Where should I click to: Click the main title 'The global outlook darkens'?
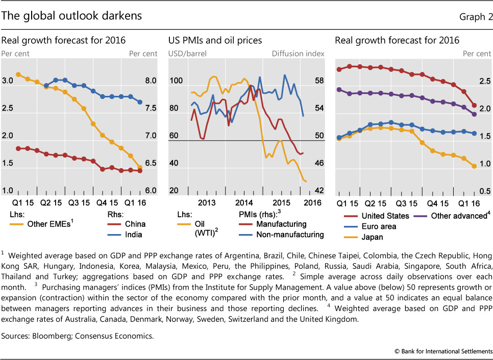71,16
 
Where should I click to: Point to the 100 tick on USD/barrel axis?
176,81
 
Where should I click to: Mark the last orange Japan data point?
474,166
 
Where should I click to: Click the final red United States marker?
474,106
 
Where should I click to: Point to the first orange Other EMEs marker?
18,74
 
